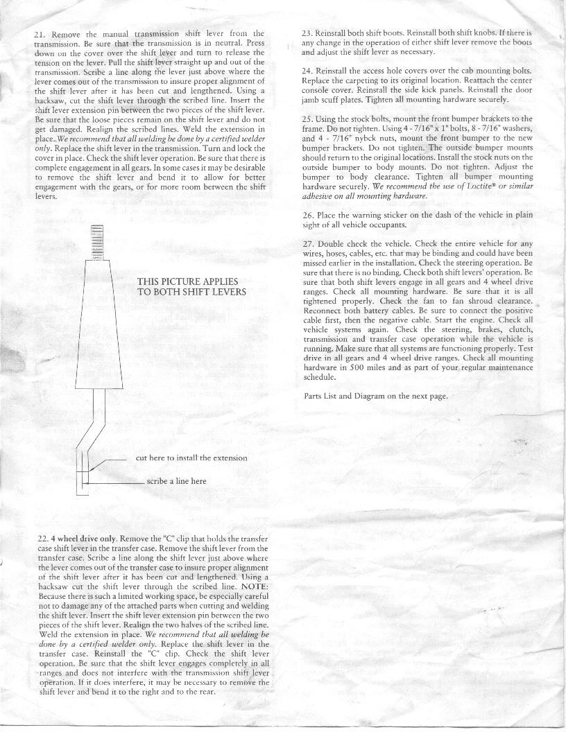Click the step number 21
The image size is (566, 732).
point(40,33)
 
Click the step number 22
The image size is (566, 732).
point(42,539)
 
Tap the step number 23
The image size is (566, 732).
point(308,33)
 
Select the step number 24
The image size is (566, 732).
point(308,71)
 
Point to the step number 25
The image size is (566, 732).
point(308,119)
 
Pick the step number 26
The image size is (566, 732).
point(308,215)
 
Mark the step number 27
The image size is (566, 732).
point(308,244)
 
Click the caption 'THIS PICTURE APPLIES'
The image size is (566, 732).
point(187,281)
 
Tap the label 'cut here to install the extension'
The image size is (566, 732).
point(191,458)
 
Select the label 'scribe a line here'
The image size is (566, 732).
point(176,480)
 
